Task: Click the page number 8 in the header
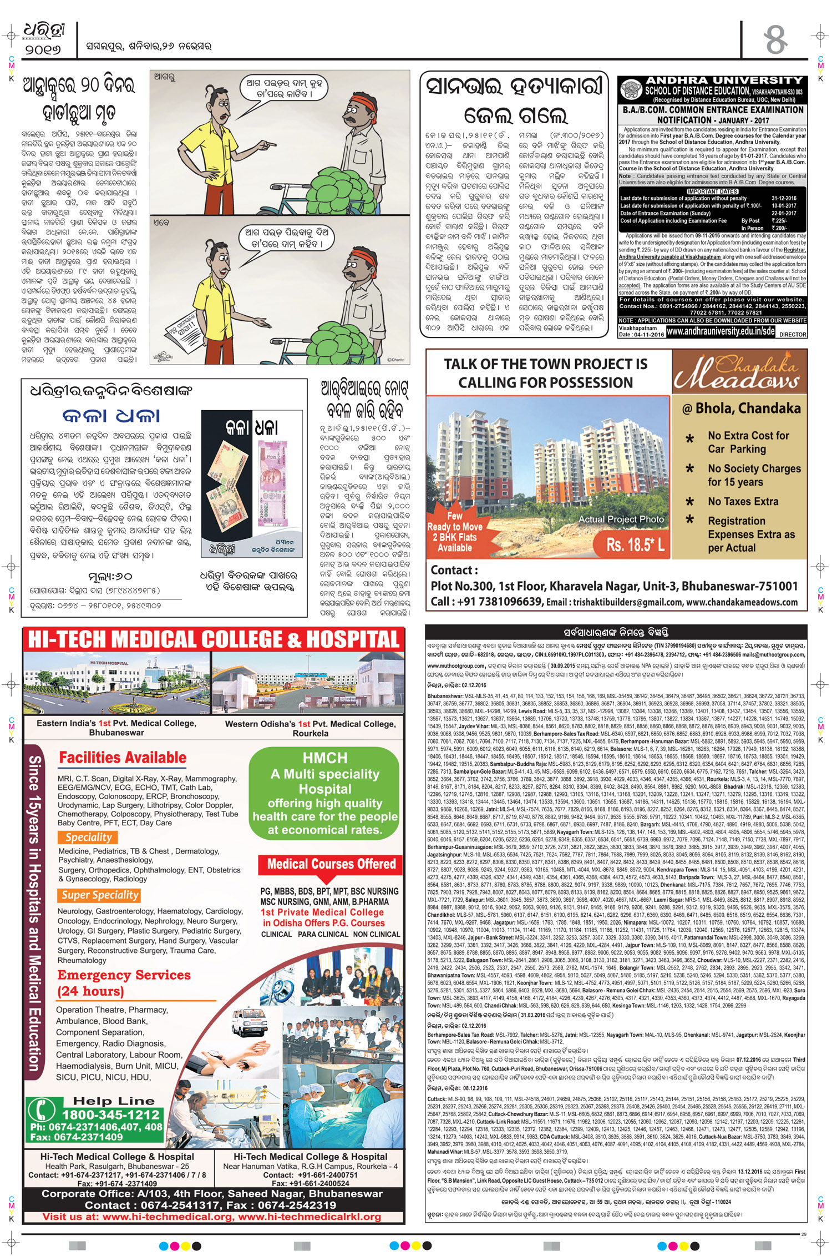point(775,39)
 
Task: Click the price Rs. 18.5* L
point(635,544)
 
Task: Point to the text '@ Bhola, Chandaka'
point(741,408)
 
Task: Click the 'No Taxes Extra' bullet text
point(743,501)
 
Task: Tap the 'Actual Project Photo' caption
point(621,519)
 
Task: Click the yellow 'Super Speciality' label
point(100,895)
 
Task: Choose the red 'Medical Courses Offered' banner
point(331,864)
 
